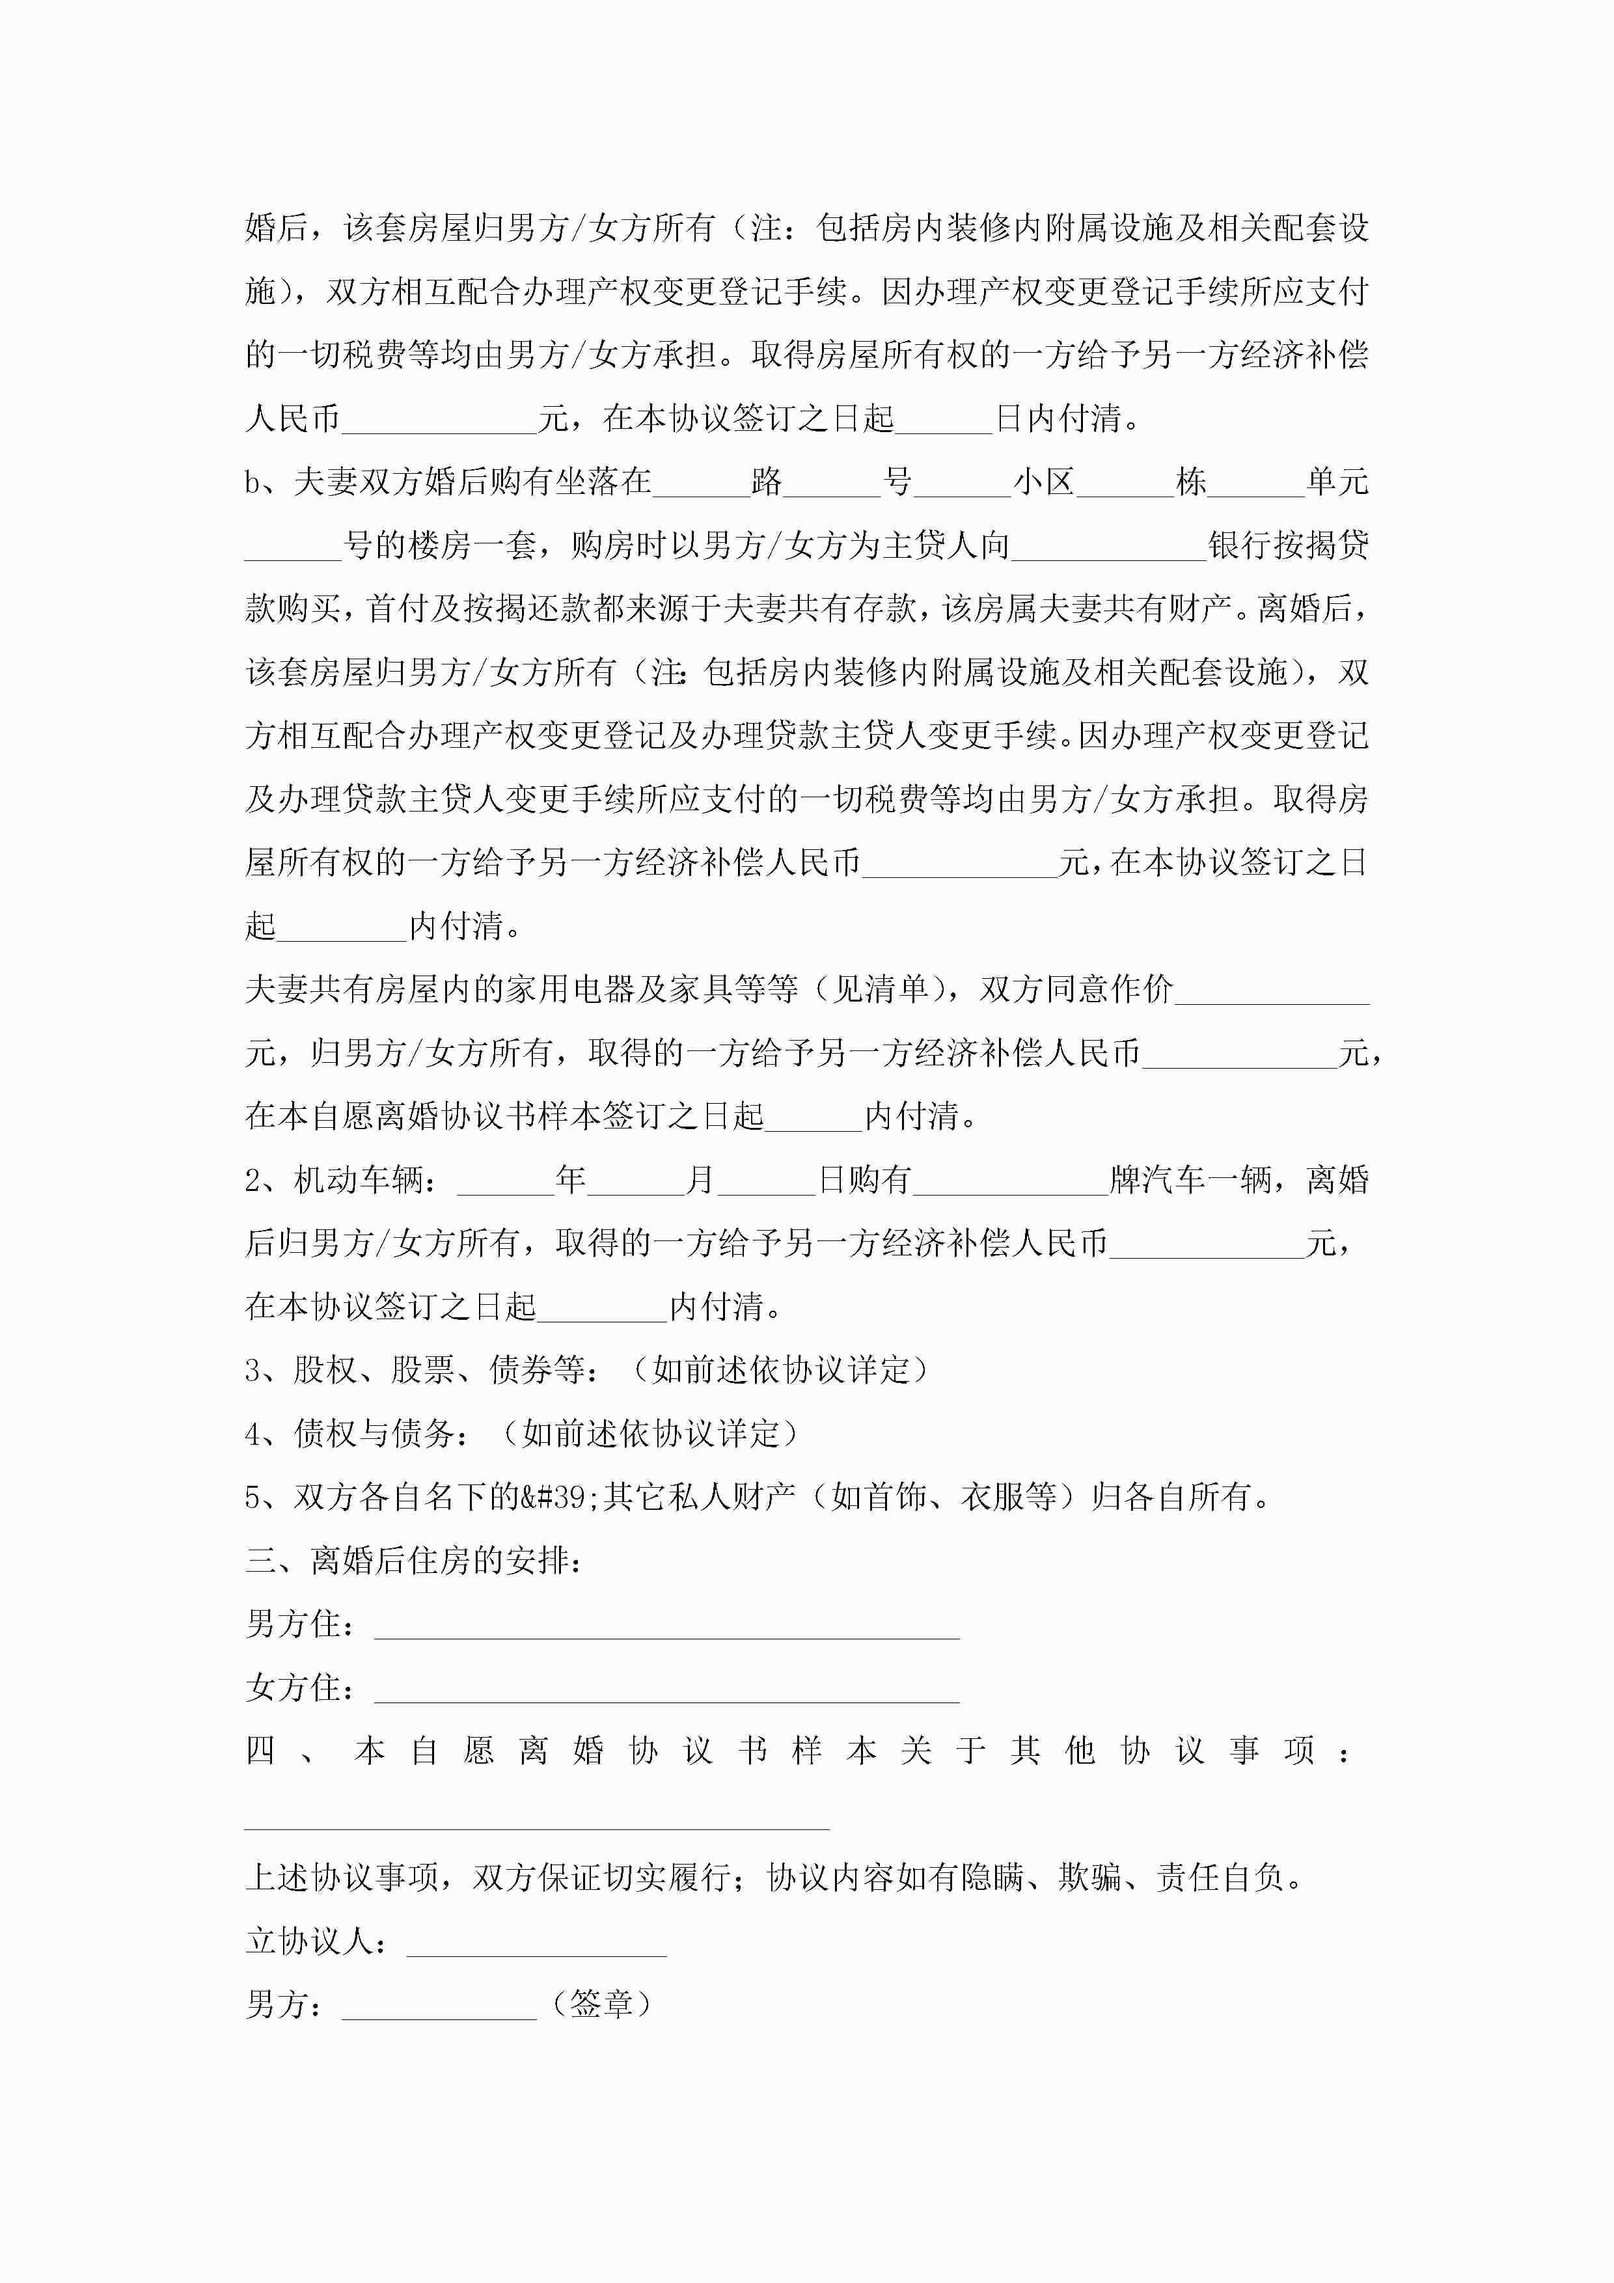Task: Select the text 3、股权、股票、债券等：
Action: tap(422, 1370)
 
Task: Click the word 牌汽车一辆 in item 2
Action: tap(1190, 1181)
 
